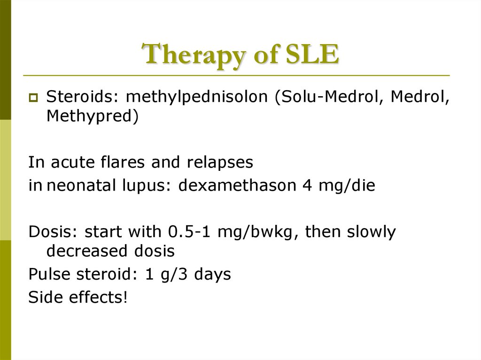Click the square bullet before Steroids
coord(33,98)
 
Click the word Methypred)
coord(93,116)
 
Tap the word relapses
coord(220,162)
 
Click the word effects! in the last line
coord(99,297)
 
